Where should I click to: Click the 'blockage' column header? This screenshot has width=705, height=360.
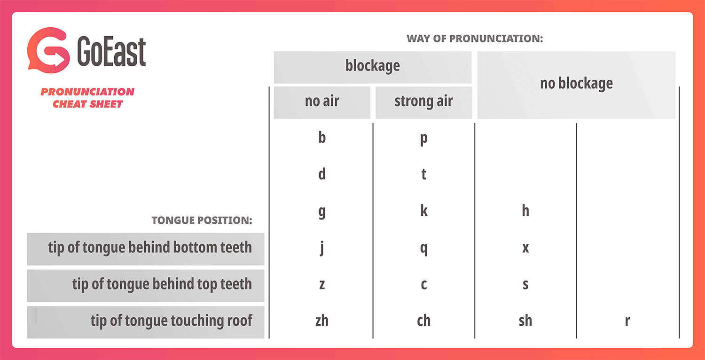tap(373, 66)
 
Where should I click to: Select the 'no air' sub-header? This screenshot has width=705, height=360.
tap(322, 102)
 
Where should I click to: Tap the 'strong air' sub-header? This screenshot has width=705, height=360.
tap(423, 102)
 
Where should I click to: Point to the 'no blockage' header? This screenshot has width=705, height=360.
tap(576, 84)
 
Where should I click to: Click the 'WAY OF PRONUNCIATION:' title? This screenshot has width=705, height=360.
tap(475, 39)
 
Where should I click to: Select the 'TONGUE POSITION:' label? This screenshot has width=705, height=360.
tap(202, 220)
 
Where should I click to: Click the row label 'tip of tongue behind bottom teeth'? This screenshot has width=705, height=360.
tap(149, 248)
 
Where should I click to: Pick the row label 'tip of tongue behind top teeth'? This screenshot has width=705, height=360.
tap(162, 284)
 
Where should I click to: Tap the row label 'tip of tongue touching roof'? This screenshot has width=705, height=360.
tap(171, 321)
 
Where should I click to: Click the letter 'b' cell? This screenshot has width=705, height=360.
tap(322, 138)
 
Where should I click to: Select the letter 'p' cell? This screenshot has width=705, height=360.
tap(423, 139)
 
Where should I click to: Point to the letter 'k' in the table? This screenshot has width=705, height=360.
tap(423, 211)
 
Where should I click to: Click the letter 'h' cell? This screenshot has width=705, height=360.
tap(525, 211)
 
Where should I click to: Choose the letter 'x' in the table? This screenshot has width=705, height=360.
tap(525, 248)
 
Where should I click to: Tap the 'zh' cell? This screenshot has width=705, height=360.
tap(322, 321)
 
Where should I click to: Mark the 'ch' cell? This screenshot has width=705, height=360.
tap(423, 321)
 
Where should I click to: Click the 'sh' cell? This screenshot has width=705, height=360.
tap(525, 321)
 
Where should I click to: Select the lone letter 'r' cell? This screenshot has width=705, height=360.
tap(627, 321)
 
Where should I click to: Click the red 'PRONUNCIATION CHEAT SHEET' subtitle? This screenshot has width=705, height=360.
tap(87, 98)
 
